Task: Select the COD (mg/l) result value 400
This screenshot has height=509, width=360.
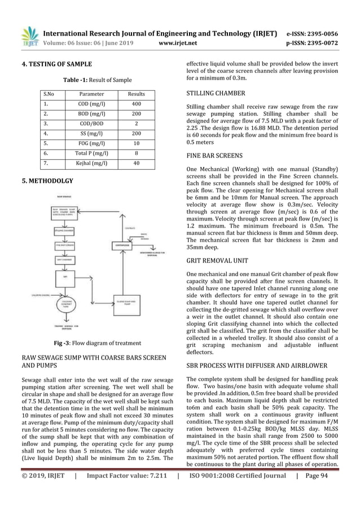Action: point(137,104)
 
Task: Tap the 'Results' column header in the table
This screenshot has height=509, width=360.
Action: point(137,94)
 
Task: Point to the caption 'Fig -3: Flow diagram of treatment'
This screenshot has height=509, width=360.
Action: point(90,343)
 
